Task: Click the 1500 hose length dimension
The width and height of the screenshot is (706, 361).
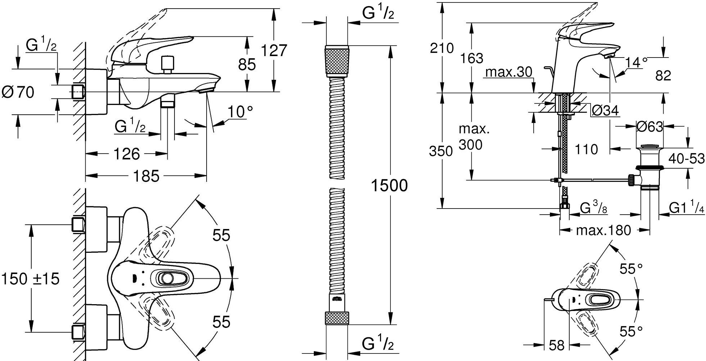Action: point(389,186)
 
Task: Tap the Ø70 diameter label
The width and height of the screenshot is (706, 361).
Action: point(18,92)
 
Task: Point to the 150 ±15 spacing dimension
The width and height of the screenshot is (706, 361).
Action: point(30,279)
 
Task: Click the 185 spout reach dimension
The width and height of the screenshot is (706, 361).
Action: point(145,176)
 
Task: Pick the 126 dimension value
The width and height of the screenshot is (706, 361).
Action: point(127,154)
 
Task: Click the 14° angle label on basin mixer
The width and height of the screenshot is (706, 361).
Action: point(636,63)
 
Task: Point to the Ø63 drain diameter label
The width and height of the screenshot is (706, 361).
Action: point(650,127)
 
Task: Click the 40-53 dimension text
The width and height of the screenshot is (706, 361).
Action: point(687,158)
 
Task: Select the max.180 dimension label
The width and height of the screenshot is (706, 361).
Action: point(603,230)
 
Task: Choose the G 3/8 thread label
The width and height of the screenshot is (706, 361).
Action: point(594,209)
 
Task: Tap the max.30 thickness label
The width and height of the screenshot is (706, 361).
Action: point(508,72)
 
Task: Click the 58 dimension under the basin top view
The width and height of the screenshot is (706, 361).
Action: point(557,346)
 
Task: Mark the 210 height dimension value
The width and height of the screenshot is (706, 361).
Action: point(442,48)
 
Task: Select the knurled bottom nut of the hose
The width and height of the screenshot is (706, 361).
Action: point(337,319)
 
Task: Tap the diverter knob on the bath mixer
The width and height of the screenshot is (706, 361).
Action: point(167,64)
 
